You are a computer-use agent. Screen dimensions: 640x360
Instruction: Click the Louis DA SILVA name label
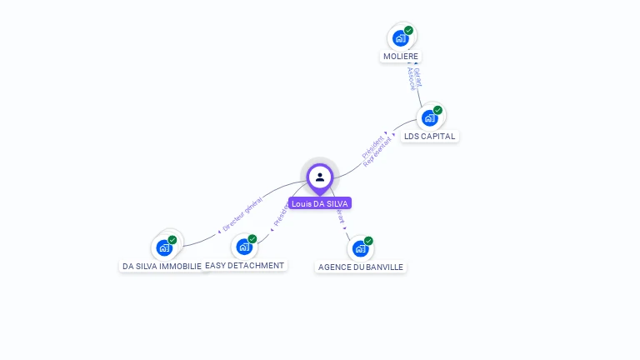pos(320,203)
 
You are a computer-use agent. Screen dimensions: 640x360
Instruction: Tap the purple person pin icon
pos(320,177)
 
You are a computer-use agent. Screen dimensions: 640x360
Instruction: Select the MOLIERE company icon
pos(401,37)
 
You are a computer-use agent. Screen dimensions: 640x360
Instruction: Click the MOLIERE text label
pos(401,57)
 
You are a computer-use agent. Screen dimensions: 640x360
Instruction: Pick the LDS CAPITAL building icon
pos(430,117)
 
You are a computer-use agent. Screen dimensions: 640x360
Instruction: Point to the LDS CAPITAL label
pos(430,136)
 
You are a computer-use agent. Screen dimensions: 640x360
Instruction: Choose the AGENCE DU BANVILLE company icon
pos(360,247)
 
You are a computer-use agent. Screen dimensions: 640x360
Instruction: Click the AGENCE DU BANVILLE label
pos(361,267)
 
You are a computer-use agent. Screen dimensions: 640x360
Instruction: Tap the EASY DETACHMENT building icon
pos(243,246)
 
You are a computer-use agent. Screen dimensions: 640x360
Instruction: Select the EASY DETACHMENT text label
pos(245,265)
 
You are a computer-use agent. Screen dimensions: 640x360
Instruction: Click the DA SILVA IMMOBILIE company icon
pos(164,247)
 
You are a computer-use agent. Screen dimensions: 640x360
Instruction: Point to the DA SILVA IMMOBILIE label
pos(162,266)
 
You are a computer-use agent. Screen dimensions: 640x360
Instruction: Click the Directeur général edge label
pos(242,212)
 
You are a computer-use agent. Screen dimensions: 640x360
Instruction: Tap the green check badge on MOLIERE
pos(408,30)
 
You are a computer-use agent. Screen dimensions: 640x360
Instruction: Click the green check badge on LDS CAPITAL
pos(437,110)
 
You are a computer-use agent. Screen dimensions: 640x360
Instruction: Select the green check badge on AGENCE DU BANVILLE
pos(368,241)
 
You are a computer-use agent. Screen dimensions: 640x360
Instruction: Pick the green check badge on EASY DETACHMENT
pos(252,239)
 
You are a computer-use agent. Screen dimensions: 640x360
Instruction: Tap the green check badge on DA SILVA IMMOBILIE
pos(172,240)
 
